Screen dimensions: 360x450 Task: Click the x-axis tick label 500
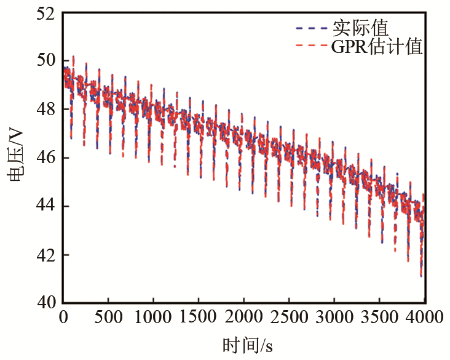click(108, 318)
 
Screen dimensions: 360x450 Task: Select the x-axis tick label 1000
click(153, 318)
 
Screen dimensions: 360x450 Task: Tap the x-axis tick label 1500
click(199, 318)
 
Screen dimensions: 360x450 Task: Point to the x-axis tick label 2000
click(244, 318)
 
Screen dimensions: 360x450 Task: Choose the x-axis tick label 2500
click(289, 318)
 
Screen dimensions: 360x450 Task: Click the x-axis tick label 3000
click(334, 318)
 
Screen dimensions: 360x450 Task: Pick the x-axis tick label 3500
click(379, 318)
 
